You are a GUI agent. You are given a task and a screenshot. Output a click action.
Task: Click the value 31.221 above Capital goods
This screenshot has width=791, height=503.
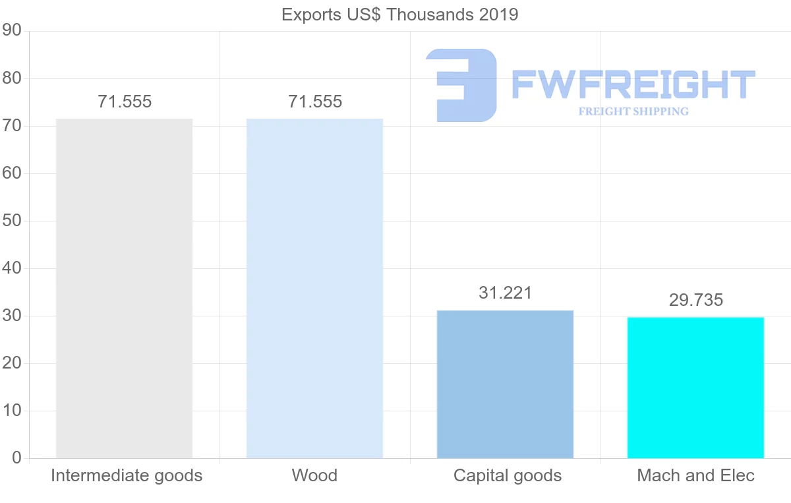[x=505, y=293]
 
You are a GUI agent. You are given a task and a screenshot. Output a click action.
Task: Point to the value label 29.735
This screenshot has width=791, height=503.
[x=695, y=300]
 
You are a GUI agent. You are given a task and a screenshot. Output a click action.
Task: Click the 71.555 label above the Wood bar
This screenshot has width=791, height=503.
[x=314, y=102]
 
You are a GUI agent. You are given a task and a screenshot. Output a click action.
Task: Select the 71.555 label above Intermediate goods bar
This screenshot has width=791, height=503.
[x=124, y=102]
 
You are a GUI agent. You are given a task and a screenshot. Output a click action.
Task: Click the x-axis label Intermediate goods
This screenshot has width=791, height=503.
[x=126, y=475]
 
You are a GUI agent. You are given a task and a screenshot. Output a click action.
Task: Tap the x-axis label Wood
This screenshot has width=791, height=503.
[x=314, y=475]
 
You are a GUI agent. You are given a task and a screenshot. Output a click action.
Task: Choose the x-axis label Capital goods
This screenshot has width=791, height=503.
[x=507, y=475]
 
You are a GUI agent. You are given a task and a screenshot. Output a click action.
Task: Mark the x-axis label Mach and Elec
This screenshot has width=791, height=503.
[x=695, y=475]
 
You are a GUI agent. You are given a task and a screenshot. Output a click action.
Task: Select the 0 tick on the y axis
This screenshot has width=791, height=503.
[x=16, y=458]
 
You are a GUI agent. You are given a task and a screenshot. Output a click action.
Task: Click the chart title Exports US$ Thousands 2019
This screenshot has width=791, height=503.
[x=399, y=14]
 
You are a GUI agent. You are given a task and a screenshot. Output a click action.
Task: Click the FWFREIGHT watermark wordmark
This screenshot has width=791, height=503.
[x=632, y=85]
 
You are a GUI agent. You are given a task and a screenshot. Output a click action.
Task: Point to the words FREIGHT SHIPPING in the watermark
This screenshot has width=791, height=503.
[x=633, y=111]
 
